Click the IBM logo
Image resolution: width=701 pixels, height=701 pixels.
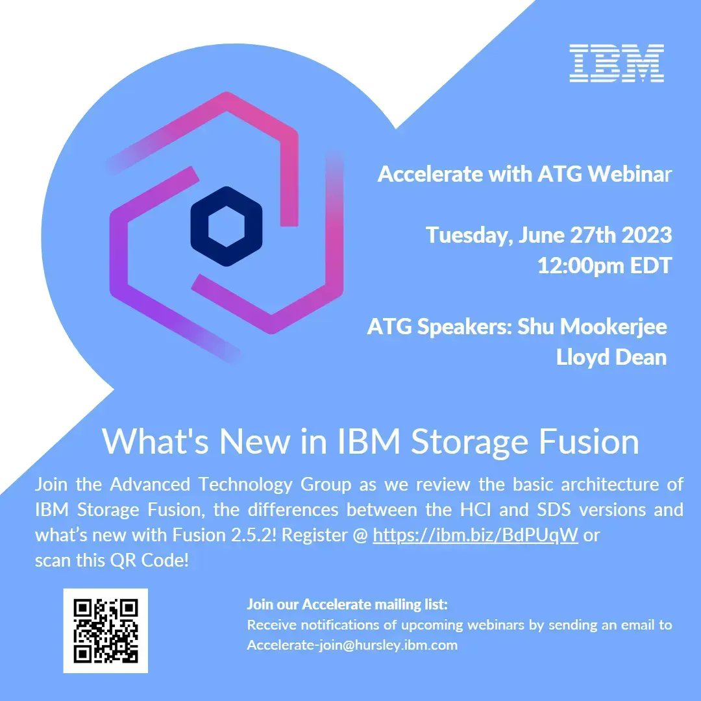tap(616, 63)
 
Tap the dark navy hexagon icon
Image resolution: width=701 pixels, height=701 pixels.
tap(226, 227)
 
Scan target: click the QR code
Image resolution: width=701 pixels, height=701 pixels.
tap(105, 630)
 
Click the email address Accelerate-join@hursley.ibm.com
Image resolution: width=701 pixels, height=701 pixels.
tap(352, 645)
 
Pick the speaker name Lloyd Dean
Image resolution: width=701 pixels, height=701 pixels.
tap(611, 357)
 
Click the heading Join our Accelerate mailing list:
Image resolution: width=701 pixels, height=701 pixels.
tap(347, 605)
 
